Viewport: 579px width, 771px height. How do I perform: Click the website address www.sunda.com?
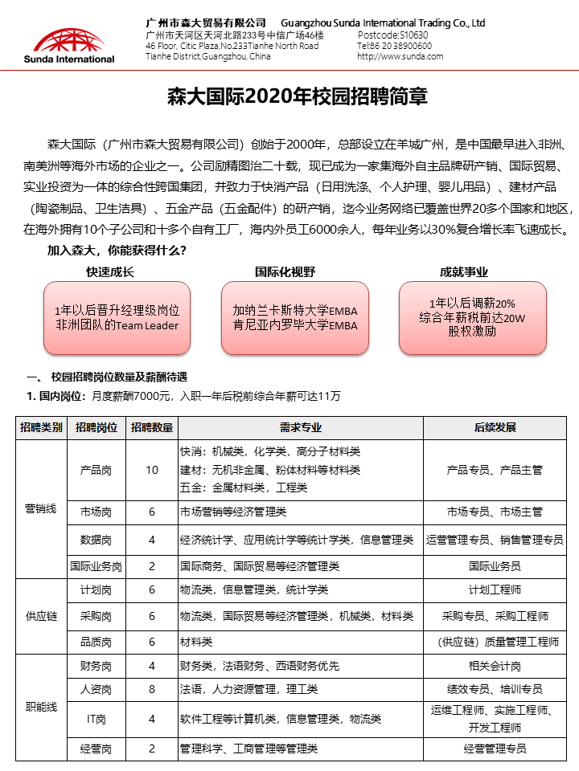(x=400, y=56)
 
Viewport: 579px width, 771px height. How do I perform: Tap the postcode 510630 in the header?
(x=392, y=35)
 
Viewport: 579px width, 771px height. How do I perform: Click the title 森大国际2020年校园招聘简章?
(x=297, y=97)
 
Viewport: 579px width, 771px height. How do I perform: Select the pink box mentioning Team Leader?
(x=117, y=317)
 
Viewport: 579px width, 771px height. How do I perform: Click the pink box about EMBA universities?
(x=294, y=317)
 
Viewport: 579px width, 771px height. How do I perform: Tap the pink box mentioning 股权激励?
(x=472, y=317)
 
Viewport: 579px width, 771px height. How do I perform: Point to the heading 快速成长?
(x=110, y=272)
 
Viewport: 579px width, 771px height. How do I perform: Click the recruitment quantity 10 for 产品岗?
(x=152, y=470)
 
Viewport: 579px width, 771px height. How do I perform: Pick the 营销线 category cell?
(x=40, y=509)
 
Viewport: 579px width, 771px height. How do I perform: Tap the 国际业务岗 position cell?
(x=96, y=566)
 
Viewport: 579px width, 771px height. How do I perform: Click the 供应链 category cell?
(x=40, y=616)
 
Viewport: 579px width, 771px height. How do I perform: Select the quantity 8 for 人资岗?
(x=152, y=689)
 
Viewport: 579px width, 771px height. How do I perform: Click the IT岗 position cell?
(x=96, y=719)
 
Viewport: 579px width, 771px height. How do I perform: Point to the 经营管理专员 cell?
(x=495, y=749)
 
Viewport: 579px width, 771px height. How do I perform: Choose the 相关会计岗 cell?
(x=495, y=666)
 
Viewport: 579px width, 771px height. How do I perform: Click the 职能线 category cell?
(x=40, y=707)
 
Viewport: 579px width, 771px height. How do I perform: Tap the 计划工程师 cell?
(x=495, y=589)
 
